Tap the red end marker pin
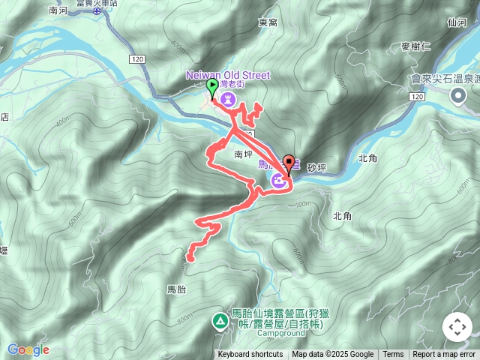point(288,165)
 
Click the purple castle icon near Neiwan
point(229,98)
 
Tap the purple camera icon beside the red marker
point(277,179)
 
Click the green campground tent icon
point(220,321)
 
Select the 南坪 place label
point(244,154)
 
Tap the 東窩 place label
point(268,23)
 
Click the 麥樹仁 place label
point(415,46)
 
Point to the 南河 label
point(58,10)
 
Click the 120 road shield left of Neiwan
point(136,58)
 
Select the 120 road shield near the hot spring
point(418,97)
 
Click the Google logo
point(28,349)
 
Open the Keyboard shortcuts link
point(250,355)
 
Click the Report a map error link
point(444,355)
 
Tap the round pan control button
point(457,328)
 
